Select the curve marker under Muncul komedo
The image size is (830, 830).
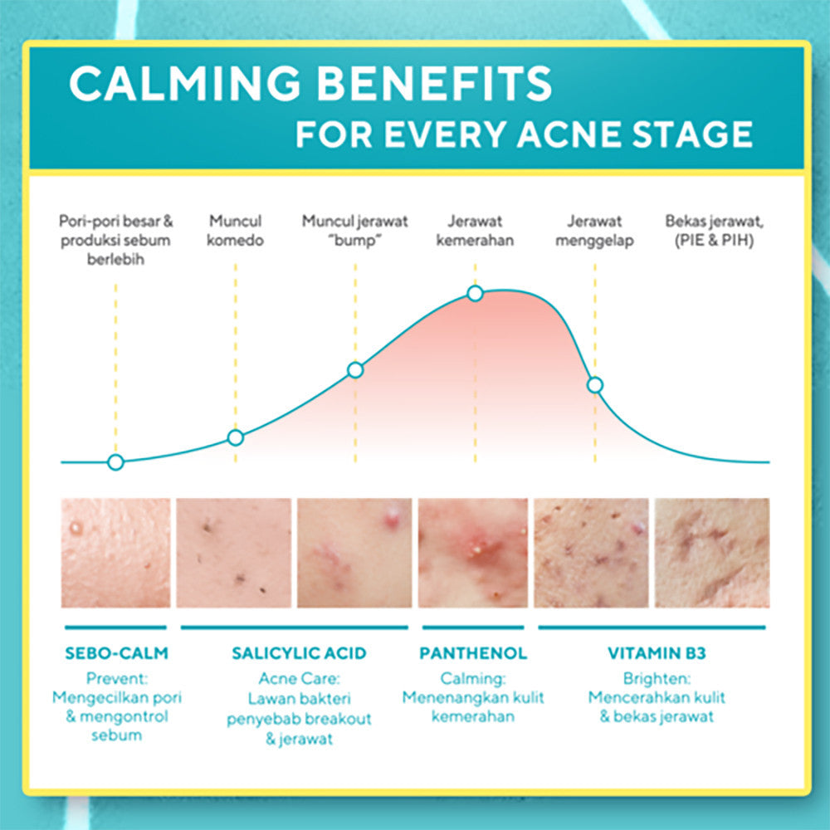236,437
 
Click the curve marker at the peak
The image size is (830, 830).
475,293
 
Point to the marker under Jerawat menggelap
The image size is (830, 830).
594,384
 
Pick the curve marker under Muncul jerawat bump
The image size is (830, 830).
355,369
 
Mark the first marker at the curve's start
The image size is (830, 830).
115,462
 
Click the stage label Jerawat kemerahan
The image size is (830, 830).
475,231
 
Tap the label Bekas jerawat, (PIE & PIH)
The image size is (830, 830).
715,231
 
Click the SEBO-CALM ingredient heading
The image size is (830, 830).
116,653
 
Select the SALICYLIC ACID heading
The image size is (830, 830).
299,653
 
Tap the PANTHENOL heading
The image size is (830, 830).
473,653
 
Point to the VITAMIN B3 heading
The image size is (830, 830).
657,653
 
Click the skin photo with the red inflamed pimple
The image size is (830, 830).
473,553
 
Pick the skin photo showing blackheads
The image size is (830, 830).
234,553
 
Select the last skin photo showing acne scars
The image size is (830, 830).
712,553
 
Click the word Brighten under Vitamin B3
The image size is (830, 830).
656,677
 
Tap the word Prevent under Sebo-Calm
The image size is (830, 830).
116,677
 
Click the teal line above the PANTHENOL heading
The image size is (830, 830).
473,627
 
